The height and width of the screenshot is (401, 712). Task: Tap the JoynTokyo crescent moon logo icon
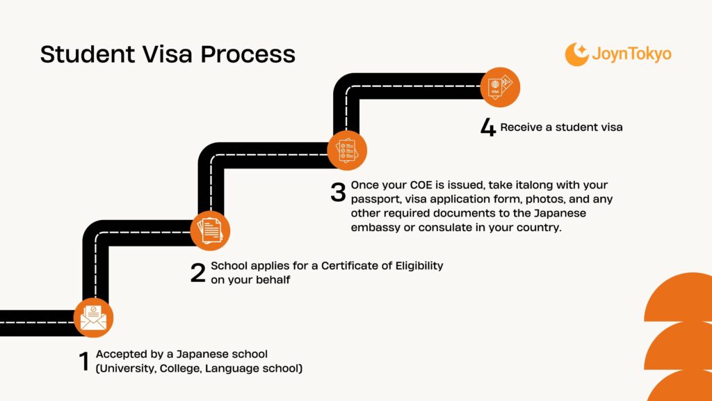576,54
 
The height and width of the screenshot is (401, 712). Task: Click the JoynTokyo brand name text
631,54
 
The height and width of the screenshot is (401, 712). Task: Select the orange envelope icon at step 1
92,317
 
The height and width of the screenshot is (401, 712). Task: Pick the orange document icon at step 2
209,230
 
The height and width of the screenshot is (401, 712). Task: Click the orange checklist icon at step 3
347,150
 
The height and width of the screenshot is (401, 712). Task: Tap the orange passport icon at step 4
500,87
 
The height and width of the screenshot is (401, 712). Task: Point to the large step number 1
83,361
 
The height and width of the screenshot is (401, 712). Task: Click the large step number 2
197,273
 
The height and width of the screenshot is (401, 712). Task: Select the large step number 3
338,192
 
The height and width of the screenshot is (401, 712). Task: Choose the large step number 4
488,128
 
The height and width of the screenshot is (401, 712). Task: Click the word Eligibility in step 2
415,266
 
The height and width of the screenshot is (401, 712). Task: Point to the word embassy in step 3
379,228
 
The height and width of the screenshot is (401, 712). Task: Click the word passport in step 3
375,199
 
